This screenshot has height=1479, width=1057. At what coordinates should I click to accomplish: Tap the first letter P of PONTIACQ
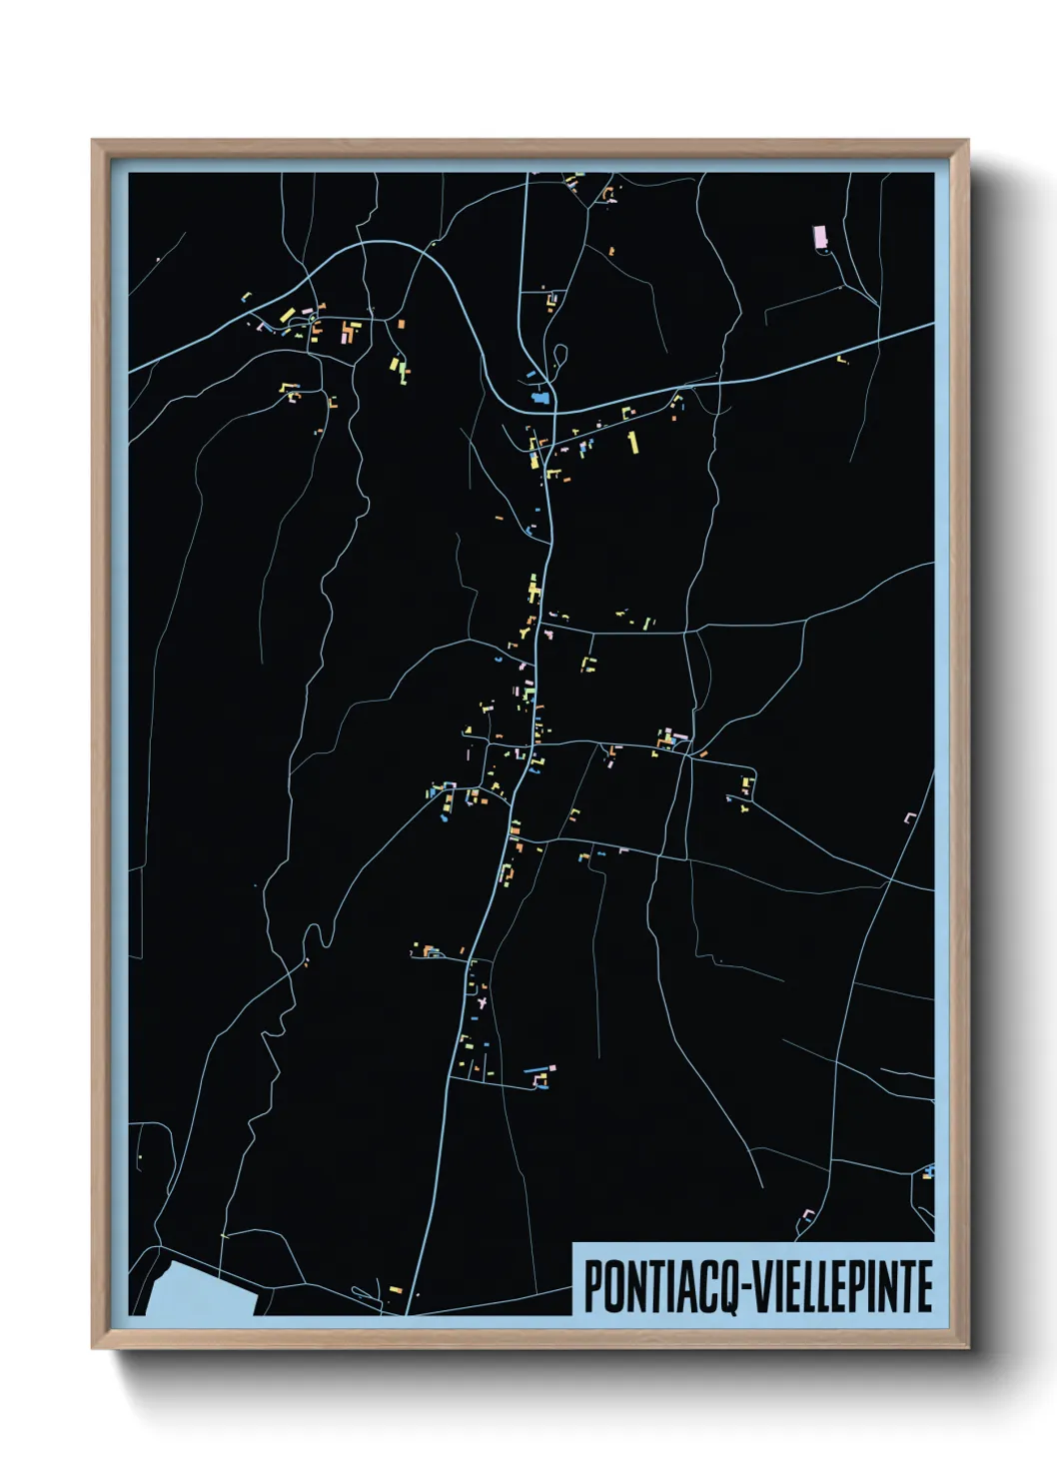tap(590, 1286)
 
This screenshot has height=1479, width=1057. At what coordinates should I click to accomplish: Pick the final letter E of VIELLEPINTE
tap(924, 1286)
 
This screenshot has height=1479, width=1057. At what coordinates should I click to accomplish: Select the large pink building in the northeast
tap(820, 237)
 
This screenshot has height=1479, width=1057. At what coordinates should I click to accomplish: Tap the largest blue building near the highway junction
tap(542, 399)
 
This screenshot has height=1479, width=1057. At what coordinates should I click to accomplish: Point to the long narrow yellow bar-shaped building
tap(631, 442)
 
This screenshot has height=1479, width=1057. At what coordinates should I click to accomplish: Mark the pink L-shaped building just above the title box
tap(807, 1215)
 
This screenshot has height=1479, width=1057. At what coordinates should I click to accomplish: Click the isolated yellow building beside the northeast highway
tap(841, 358)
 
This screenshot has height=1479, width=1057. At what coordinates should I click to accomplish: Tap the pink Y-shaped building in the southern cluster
tap(482, 998)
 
